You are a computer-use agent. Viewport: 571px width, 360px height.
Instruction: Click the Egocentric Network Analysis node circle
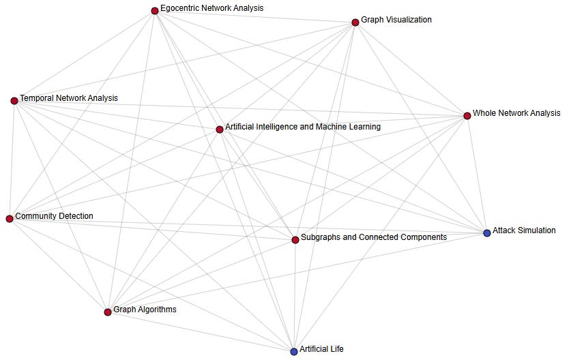tap(155, 10)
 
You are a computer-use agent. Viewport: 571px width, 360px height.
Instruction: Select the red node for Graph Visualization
tap(355, 22)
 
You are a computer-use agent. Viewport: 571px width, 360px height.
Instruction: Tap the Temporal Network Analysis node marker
tap(14, 101)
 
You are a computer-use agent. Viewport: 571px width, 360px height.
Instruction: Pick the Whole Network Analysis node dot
tap(467, 116)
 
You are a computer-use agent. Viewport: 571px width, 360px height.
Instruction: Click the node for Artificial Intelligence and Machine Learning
tap(219, 130)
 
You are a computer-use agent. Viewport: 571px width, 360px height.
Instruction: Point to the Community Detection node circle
tap(10, 219)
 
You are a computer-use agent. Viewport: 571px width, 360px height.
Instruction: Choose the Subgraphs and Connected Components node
tap(295, 240)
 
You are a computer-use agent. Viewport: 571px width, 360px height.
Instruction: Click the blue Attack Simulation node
tap(486, 233)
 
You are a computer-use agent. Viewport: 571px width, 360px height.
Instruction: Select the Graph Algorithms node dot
tap(108, 312)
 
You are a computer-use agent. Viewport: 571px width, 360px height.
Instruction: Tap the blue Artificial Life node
tap(294, 352)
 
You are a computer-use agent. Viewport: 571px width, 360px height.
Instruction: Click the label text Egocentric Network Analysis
tap(211, 8)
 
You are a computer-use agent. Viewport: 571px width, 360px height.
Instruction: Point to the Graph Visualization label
tap(396, 20)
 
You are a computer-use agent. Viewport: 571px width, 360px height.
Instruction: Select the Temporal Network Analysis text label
tap(68, 98)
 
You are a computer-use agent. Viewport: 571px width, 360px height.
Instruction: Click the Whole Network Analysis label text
tap(516, 113)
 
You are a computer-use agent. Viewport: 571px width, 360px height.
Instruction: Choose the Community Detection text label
tap(54, 216)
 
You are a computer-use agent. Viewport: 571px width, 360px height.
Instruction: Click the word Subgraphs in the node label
tap(321, 237)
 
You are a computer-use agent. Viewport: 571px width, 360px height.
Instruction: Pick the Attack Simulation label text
tap(524, 230)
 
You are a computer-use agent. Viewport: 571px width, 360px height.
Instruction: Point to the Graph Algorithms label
tap(145, 310)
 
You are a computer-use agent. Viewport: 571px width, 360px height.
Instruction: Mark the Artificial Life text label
tap(321, 349)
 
